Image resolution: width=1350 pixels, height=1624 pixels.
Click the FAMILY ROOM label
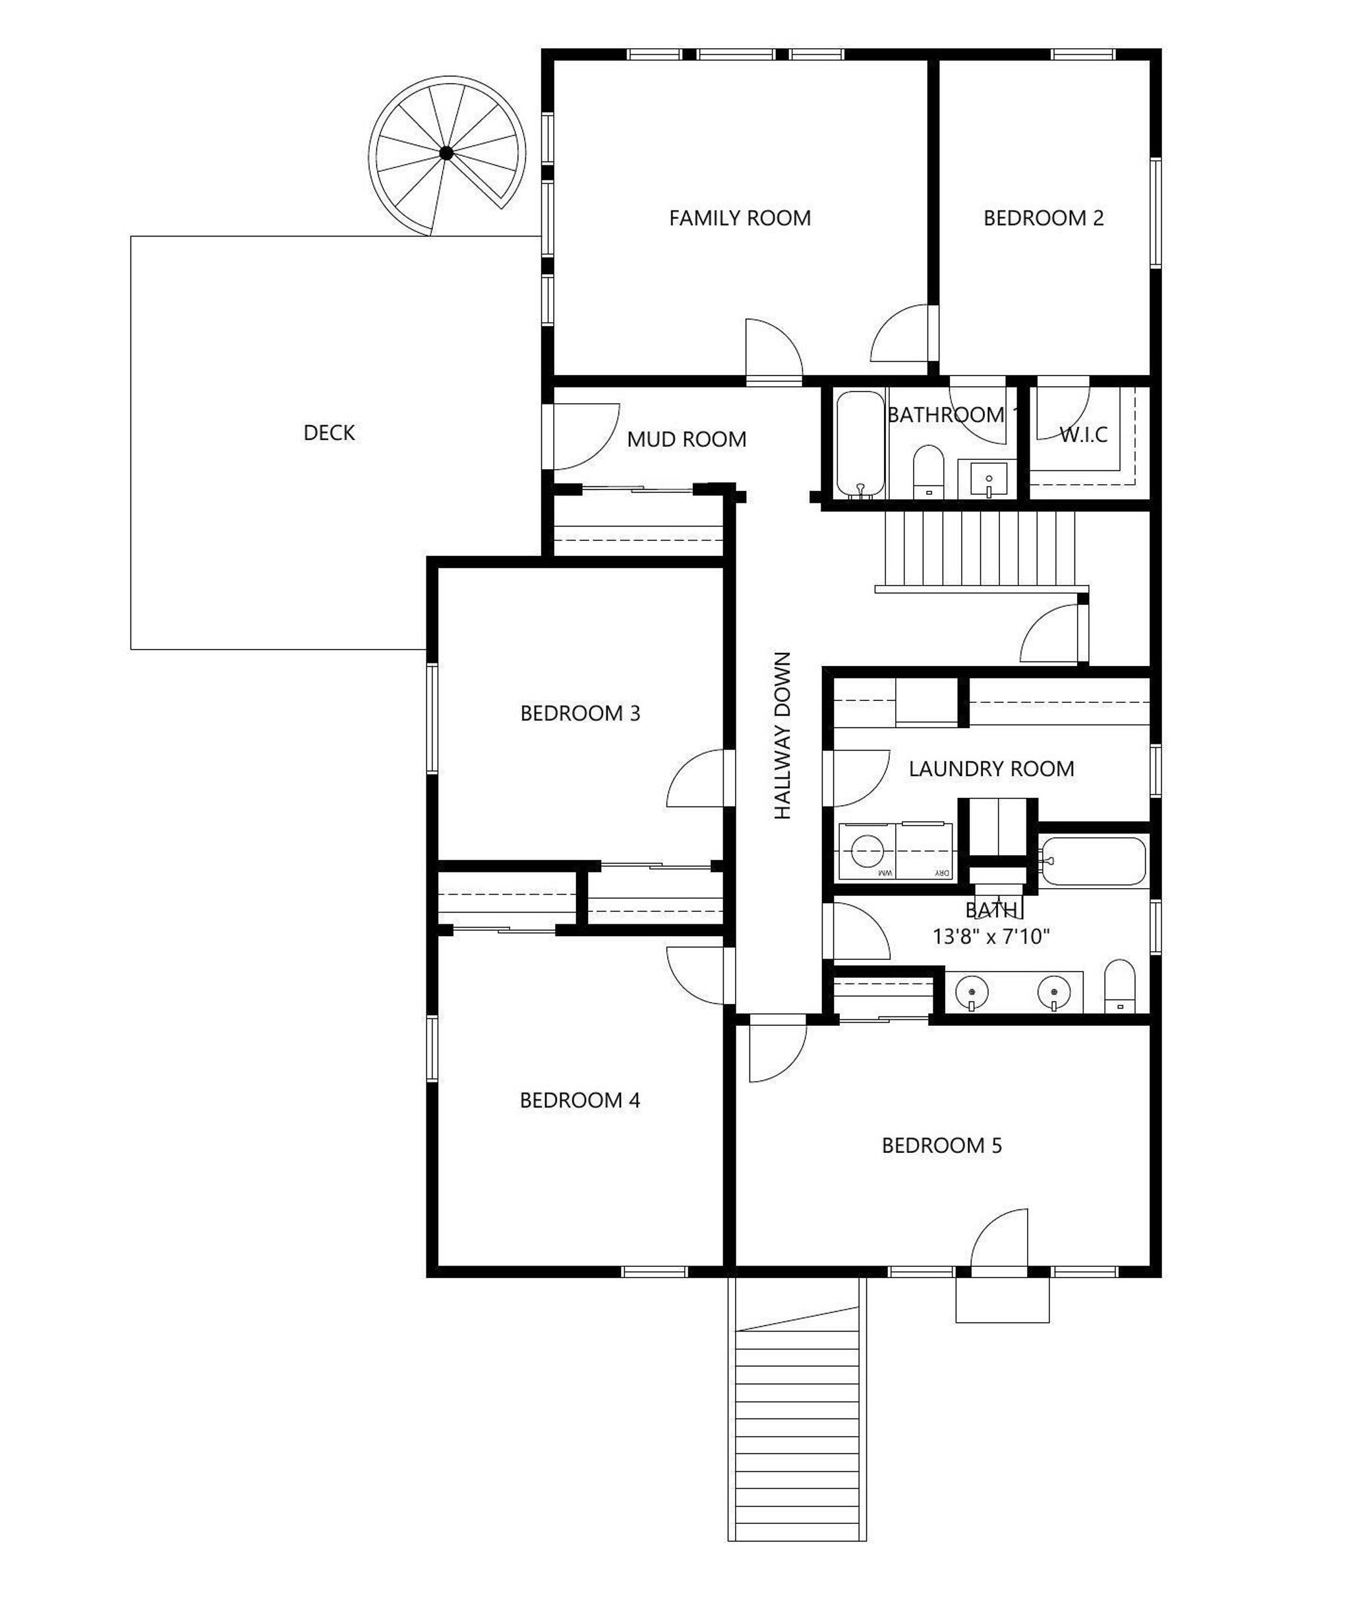(x=740, y=218)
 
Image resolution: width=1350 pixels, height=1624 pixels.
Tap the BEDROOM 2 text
(x=1043, y=218)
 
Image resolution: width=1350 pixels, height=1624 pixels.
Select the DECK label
(x=329, y=433)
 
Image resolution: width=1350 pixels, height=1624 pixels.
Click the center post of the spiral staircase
(x=446, y=153)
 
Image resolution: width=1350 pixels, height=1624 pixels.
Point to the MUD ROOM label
(x=686, y=439)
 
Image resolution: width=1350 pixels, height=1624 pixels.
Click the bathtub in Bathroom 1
(x=860, y=445)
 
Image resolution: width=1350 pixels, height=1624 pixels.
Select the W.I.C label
(x=1083, y=435)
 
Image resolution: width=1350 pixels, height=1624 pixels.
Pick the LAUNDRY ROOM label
(x=991, y=769)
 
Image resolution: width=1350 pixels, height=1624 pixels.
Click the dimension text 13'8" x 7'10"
(x=990, y=936)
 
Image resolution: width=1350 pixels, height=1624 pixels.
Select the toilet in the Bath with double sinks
(x=1119, y=987)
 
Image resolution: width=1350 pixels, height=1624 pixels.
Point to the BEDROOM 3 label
(x=580, y=713)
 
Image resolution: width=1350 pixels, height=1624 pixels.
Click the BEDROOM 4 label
(x=580, y=1100)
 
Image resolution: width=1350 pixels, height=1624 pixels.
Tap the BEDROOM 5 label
(x=941, y=1145)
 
